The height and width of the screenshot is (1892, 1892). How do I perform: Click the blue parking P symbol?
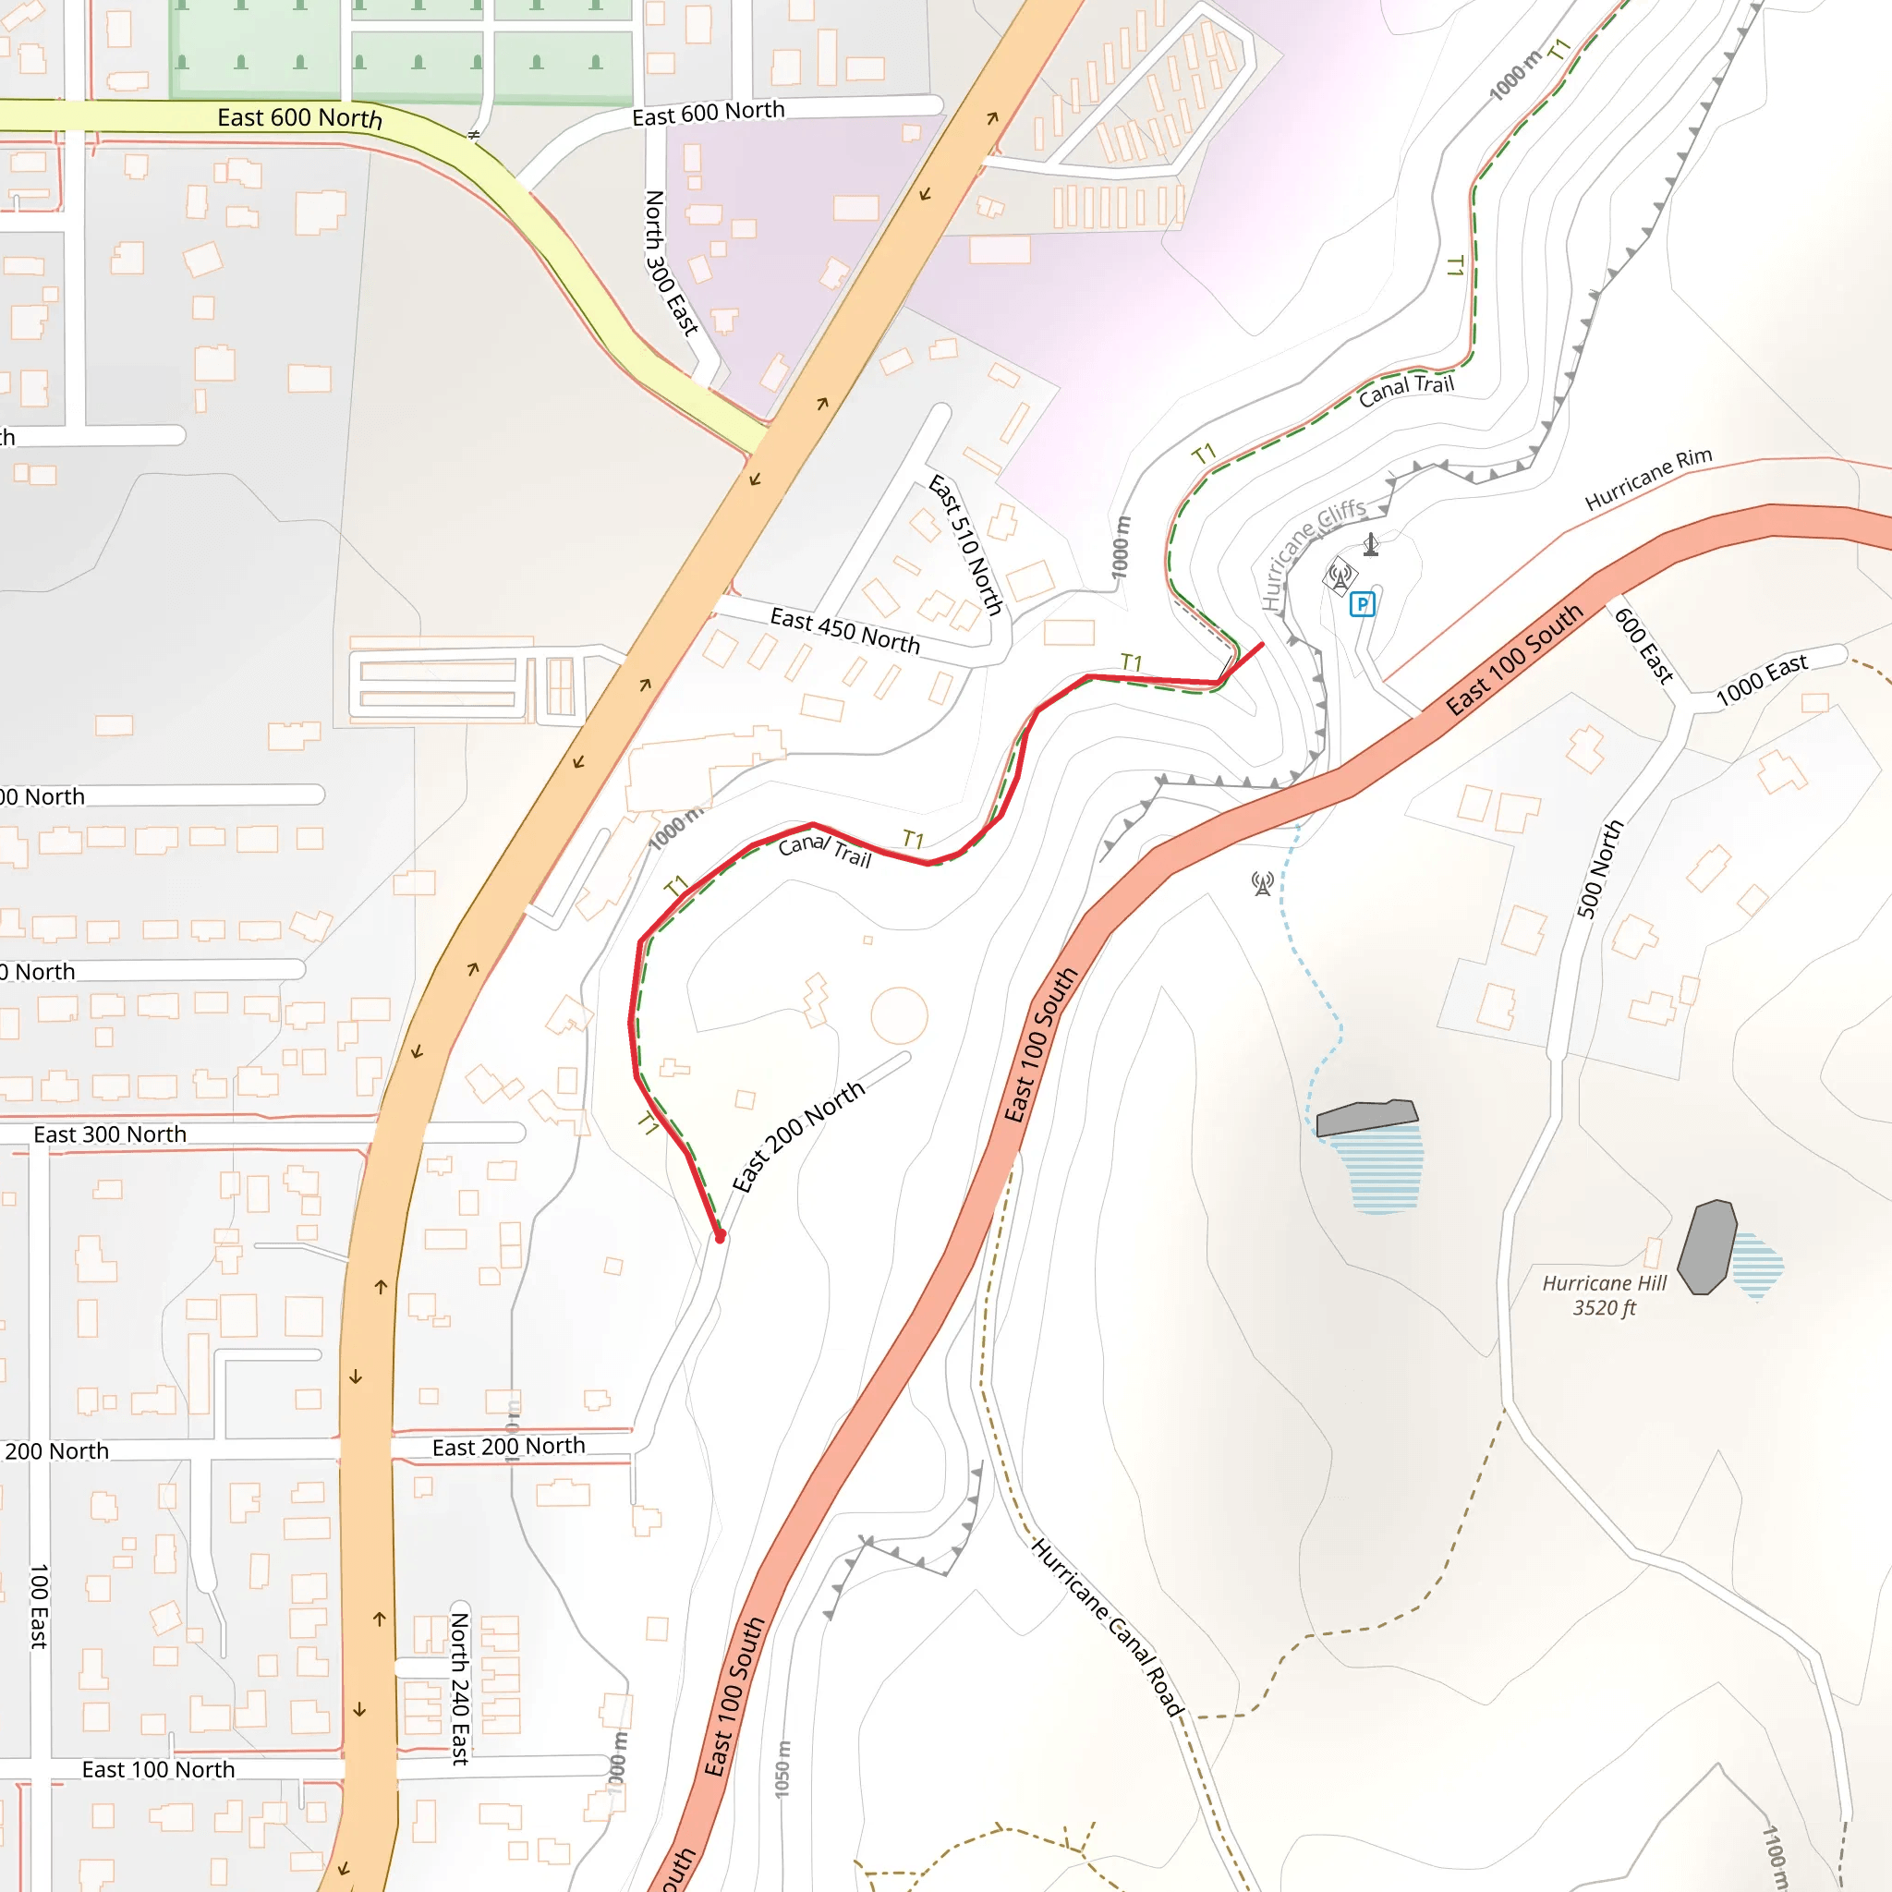(1363, 604)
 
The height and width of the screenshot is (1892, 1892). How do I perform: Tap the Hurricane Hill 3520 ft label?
(1603, 1295)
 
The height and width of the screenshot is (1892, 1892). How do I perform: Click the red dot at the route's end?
(720, 1238)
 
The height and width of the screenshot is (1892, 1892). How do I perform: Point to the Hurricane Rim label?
(1648, 478)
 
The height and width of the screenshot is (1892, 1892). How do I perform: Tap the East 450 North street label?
(845, 631)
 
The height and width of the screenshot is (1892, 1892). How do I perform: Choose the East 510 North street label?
(965, 544)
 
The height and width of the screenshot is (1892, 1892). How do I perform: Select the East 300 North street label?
(110, 1134)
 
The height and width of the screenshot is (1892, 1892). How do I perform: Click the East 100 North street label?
(159, 1769)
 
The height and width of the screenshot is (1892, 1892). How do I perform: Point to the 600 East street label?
(1643, 646)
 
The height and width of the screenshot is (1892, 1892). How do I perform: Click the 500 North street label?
(1599, 868)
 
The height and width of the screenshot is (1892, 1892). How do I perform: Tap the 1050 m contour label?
(782, 1768)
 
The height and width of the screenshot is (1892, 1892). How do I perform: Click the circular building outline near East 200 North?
(899, 1015)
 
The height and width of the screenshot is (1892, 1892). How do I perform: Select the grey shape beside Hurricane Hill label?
(1707, 1245)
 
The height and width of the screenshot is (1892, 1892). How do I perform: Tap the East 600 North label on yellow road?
(299, 117)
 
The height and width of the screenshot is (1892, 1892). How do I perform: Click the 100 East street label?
(39, 1606)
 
